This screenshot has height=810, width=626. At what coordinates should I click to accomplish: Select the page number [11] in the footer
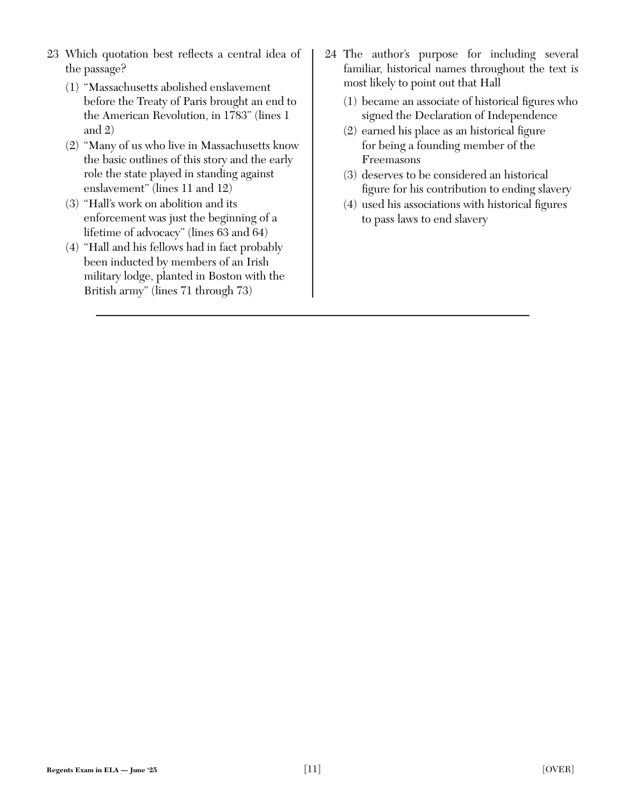[x=312, y=769]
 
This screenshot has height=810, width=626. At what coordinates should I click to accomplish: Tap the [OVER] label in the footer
[x=558, y=770]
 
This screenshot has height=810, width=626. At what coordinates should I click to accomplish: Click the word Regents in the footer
[x=58, y=770]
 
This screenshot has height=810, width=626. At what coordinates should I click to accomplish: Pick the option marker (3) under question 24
[x=350, y=175]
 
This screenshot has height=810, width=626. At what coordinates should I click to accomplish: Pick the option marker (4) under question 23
[x=72, y=248]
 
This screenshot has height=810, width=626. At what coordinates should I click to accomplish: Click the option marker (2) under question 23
[x=72, y=146]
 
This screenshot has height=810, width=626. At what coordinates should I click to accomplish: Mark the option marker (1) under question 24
[x=350, y=102]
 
